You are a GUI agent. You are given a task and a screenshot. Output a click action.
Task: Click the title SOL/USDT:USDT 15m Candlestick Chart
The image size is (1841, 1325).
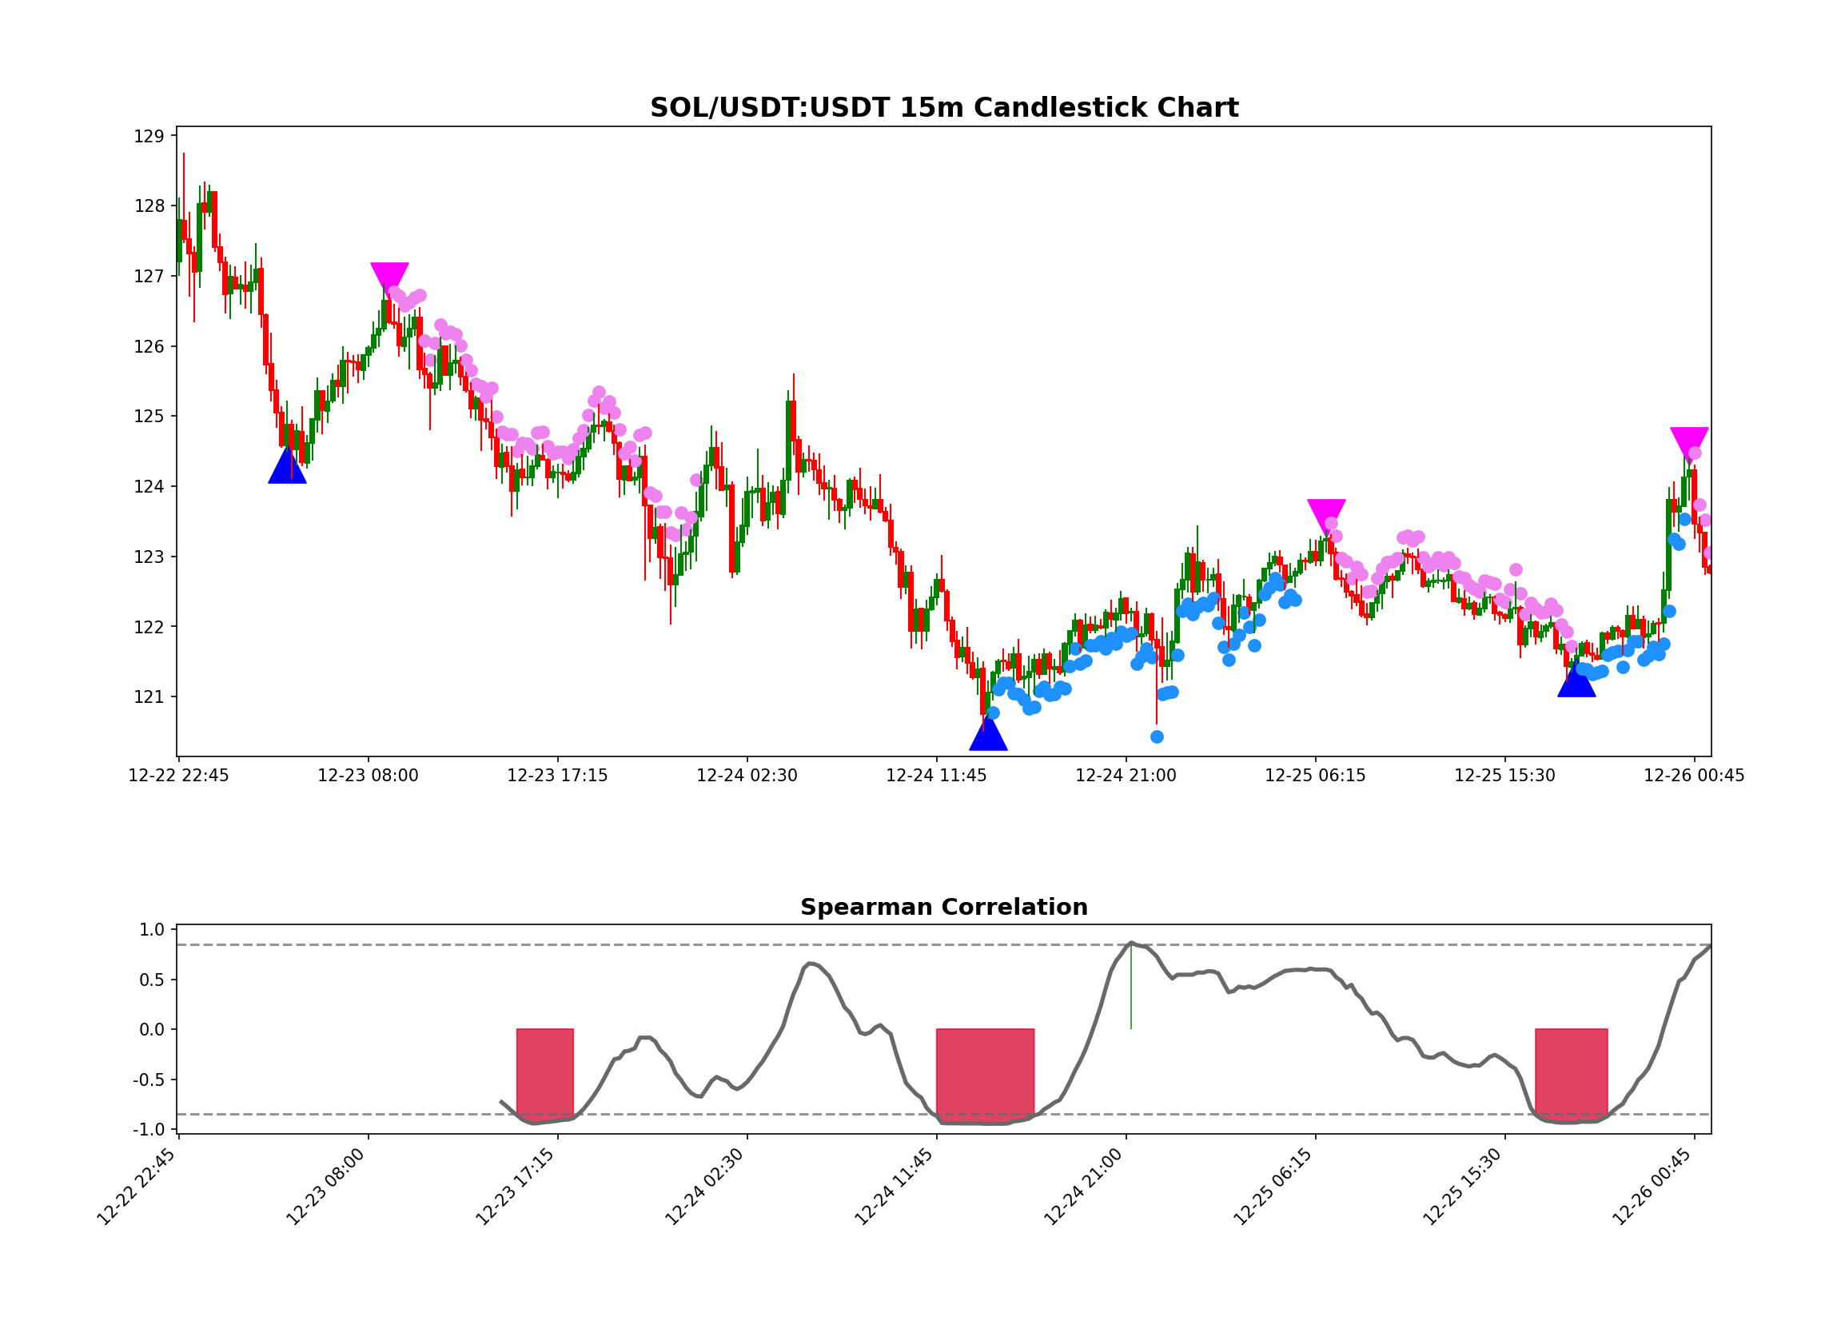click(x=944, y=108)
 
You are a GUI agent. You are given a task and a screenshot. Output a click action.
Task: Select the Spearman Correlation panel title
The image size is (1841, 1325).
click(x=944, y=907)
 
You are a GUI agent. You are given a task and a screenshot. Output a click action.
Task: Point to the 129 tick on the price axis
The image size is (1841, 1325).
click(x=149, y=137)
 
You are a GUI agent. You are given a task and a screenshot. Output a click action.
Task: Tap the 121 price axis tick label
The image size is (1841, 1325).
click(x=149, y=697)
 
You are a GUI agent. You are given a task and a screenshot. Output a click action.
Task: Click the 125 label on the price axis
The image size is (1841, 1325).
click(x=149, y=417)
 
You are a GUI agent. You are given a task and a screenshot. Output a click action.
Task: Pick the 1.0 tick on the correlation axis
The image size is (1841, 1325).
click(x=152, y=931)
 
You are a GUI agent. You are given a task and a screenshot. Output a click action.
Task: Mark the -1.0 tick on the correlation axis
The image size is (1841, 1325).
click(x=149, y=1130)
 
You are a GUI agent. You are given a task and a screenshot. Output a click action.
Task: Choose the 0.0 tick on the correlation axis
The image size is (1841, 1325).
click(x=152, y=1030)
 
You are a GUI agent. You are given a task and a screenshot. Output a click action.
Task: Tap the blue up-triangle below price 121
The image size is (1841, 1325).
click(x=988, y=736)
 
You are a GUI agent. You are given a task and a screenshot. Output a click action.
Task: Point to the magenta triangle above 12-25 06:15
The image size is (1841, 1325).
click(x=1326, y=513)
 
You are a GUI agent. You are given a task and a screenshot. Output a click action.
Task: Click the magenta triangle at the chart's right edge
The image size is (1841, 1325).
click(x=1689, y=441)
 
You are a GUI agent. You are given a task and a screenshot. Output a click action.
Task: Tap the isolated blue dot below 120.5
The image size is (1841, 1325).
click(x=1157, y=737)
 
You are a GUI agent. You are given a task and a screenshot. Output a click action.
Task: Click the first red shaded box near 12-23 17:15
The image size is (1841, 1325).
click(x=544, y=1074)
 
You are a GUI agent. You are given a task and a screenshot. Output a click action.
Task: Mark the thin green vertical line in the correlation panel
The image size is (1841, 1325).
click(x=1130, y=987)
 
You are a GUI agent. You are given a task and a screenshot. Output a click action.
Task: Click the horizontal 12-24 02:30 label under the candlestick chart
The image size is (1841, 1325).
click(x=747, y=776)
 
